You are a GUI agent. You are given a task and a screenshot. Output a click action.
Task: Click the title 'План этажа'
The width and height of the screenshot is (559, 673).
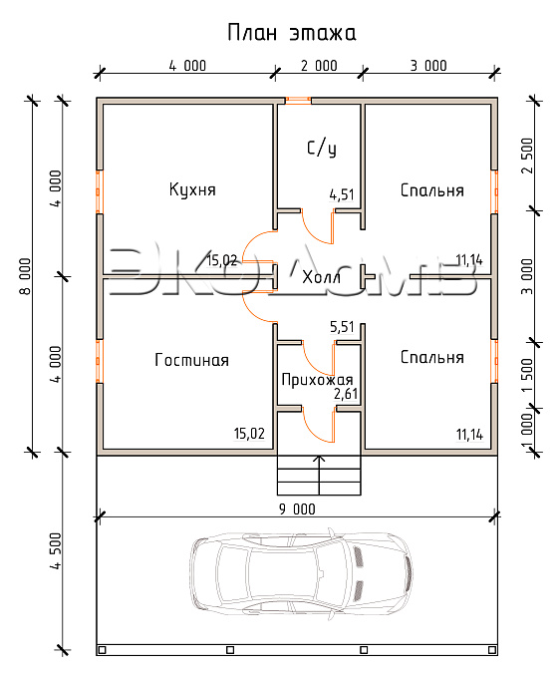(x=292, y=33)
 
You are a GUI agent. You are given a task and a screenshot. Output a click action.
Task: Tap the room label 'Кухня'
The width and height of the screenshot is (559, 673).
(x=192, y=189)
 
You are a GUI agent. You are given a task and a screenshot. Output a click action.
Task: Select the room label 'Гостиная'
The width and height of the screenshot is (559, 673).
(x=191, y=360)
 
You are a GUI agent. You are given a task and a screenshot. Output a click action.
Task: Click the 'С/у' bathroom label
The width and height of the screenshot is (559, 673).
(x=322, y=149)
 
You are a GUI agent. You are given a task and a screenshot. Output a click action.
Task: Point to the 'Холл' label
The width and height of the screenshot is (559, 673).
(x=321, y=277)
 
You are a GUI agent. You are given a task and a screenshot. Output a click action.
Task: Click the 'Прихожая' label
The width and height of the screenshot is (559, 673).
(x=317, y=380)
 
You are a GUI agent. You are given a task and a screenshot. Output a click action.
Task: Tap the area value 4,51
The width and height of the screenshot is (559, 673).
(x=342, y=194)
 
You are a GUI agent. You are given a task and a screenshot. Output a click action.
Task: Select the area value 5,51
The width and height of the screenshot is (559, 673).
(x=342, y=327)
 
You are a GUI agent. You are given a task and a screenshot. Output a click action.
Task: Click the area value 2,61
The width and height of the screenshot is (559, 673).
(x=346, y=394)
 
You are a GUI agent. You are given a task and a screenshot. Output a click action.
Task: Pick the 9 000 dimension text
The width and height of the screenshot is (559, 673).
(x=297, y=509)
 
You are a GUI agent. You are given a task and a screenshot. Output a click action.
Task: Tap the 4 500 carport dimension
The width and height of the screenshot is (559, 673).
(x=56, y=550)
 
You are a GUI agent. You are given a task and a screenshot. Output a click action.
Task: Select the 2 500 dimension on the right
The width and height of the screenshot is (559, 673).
(x=527, y=156)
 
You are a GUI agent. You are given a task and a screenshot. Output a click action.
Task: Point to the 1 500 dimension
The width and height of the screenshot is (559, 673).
(x=527, y=375)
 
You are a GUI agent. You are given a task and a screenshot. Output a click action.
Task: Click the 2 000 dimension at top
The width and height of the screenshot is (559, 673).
(x=319, y=66)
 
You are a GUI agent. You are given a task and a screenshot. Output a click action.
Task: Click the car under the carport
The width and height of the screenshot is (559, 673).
(x=302, y=573)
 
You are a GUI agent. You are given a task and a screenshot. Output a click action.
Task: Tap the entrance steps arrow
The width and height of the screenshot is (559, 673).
(x=319, y=476)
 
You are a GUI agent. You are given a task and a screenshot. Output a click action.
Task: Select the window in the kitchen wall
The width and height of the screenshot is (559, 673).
(x=99, y=191)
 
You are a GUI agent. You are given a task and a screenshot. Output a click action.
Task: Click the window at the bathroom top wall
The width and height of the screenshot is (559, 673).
(x=298, y=101)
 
